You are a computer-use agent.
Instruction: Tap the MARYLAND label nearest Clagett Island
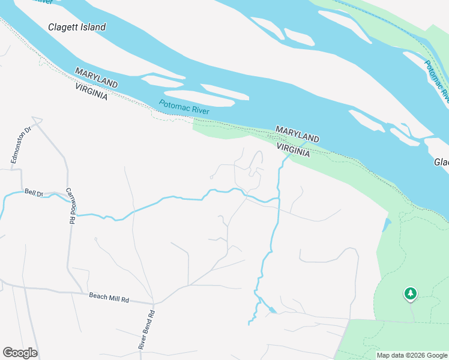(x=96, y=79)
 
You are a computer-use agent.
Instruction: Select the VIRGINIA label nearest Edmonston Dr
(x=91, y=91)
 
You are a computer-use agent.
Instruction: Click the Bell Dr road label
(x=34, y=193)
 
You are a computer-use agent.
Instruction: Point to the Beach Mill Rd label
(x=109, y=297)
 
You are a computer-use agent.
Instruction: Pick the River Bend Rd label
(x=146, y=329)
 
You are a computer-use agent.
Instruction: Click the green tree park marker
(x=411, y=293)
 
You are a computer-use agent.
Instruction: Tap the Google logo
(x=20, y=353)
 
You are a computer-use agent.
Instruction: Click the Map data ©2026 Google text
(x=411, y=355)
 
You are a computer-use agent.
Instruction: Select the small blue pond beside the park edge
(x=386, y=225)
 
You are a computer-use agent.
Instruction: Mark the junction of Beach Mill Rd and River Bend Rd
(x=153, y=303)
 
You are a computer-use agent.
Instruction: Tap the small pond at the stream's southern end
(x=273, y=310)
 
